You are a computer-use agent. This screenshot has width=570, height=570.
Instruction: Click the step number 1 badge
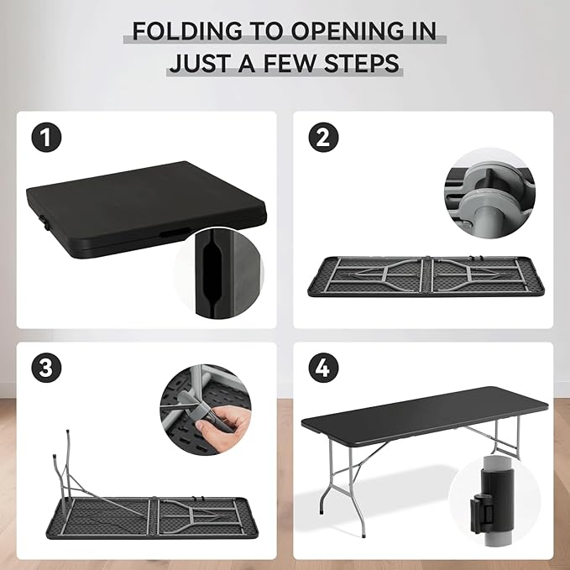tap(46, 138)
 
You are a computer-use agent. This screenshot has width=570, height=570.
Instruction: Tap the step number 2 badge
tap(323, 138)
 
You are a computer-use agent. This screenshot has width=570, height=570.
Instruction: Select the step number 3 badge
tap(46, 368)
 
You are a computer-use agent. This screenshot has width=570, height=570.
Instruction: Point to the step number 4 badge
tap(323, 368)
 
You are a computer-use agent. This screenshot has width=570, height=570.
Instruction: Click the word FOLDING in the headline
tap(187, 31)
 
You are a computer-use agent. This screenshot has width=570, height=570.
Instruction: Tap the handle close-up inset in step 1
tap(218, 273)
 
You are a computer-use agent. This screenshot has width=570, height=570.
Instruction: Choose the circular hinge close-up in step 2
tap(489, 193)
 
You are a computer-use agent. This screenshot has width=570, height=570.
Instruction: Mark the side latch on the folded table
tap(44, 222)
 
